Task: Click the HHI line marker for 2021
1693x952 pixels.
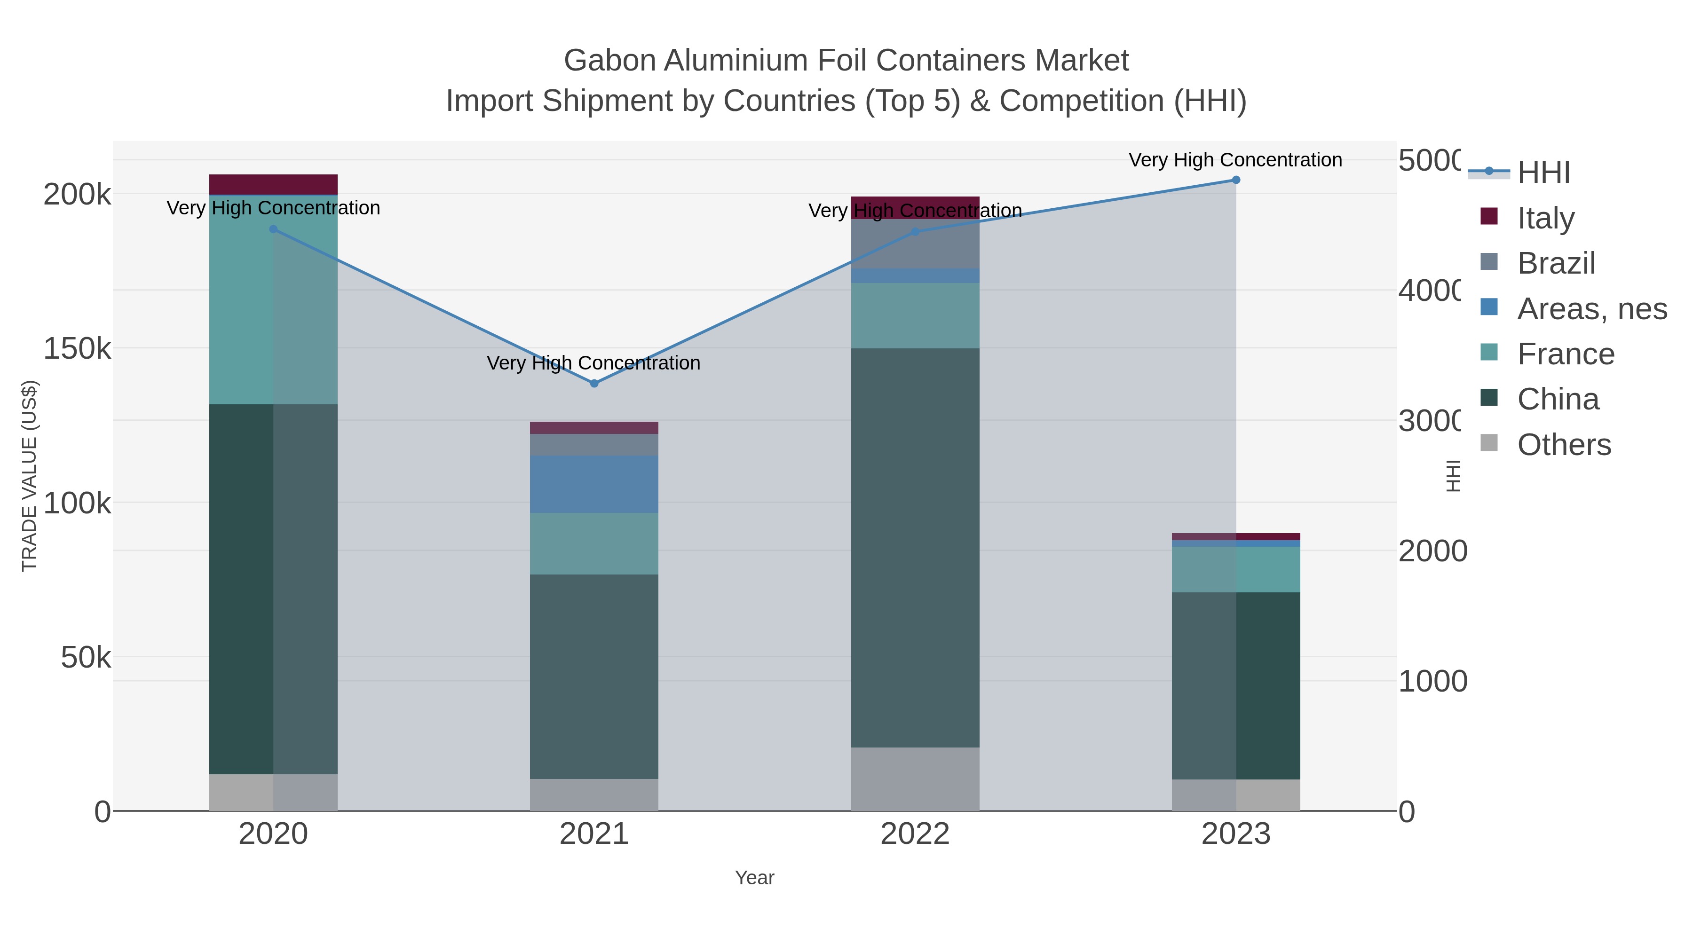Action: pos(594,383)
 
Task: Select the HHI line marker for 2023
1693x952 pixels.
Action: pos(1235,180)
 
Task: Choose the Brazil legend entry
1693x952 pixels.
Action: pos(1556,263)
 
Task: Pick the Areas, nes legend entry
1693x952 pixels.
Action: pos(1591,308)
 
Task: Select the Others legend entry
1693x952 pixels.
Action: pos(1564,445)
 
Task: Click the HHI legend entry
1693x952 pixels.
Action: pos(1543,172)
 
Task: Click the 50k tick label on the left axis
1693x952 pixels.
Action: pos(86,657)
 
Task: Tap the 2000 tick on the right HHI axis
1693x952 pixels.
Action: pos(1432,551)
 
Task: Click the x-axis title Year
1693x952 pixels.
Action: pos(754,878)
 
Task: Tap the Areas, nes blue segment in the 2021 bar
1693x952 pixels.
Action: pos(594,484)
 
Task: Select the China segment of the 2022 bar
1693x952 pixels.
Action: pos(915,547)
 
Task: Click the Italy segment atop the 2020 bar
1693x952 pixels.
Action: pos(273,184)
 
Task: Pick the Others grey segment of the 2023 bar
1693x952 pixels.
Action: pos(1235,795)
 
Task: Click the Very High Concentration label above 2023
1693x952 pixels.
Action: pos(1235,160)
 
